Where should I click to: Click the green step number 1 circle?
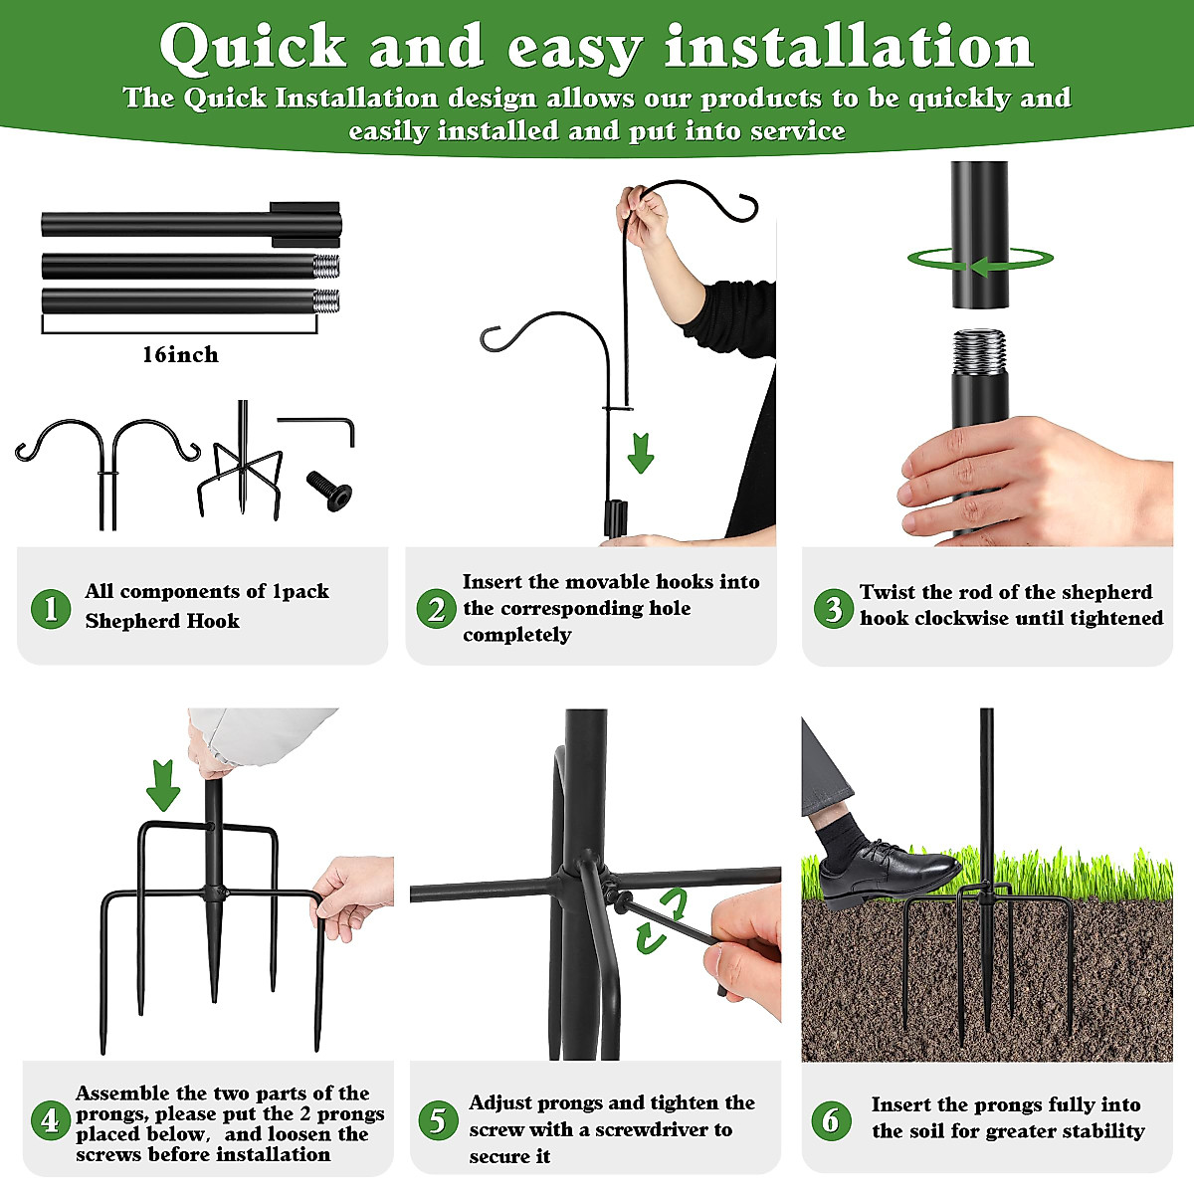tap(51, 609)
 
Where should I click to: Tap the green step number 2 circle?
tap(436, 609)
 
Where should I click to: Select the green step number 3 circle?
tap(834, 609)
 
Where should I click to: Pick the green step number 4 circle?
tap(51, 1120)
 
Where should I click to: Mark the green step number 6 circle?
tap(831, 1120)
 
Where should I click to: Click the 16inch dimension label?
tap(180, 355)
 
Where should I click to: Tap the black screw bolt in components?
tap(329, 491)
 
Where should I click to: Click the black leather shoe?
tap(887, 874)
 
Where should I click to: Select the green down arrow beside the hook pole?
tap(640, 454)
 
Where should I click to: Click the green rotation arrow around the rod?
tap(980, 259)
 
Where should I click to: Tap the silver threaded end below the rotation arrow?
tap(979, 351)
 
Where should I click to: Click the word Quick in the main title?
tap(252, 47)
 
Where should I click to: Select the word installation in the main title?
tap(849, 45)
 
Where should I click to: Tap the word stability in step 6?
tap(1103, 1131)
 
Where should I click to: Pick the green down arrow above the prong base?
tap(163, 786)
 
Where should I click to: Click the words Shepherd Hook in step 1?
tap(162, 620)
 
